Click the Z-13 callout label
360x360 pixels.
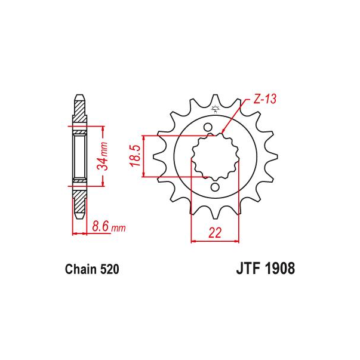pos(265,100)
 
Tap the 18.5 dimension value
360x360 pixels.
pos(135,156)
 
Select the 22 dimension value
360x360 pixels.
pos(215,233)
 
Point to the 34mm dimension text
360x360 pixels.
pos(103,156)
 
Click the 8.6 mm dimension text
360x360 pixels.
pos(109,227)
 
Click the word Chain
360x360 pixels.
pos(81,269)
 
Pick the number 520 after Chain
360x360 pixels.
pos(109,269)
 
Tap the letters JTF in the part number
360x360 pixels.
pos(249,269)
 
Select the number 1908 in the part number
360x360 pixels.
pos(280,269)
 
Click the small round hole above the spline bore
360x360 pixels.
pos(208,127)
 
